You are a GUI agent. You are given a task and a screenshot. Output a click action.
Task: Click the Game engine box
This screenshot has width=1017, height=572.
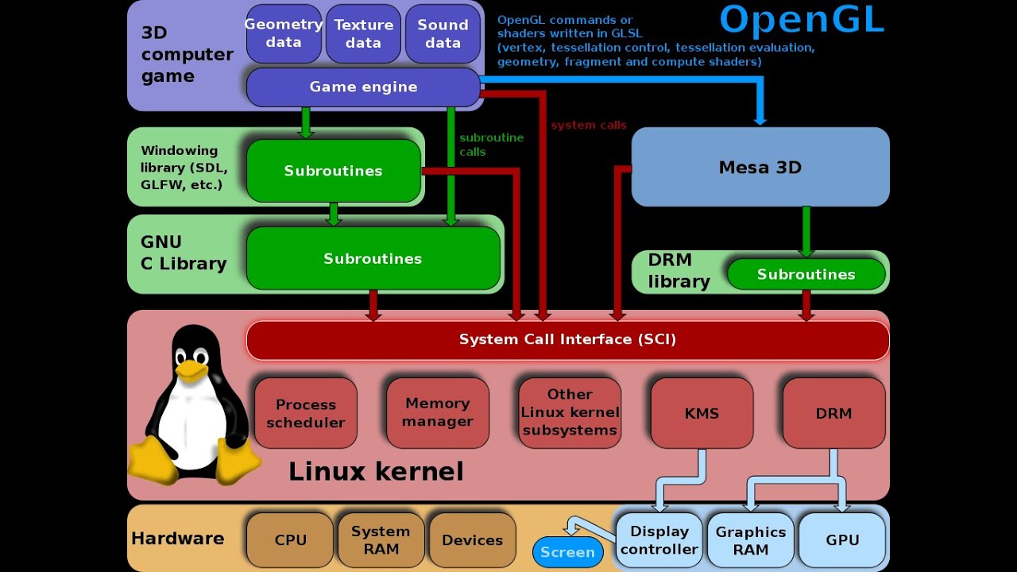pyautogui.click(x=363, y=87)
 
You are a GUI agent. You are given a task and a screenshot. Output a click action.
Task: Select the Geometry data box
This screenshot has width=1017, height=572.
pyautogui.click(x=284, y=33)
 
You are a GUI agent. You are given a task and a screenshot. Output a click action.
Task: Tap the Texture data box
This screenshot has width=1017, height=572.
pyautogui.click(x=363, y=33)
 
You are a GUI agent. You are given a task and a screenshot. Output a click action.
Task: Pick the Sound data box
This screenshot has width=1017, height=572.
pyautogui.click(x=443, y=33)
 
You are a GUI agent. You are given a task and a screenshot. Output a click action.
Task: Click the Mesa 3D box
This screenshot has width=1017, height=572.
pyautogui.click(x=760, y=167)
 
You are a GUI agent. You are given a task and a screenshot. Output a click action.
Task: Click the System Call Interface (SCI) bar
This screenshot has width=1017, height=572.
pyautogui.click(x=567, y=340)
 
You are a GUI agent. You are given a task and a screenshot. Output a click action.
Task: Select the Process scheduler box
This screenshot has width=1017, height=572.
pyautogui.click(x=306, y=413)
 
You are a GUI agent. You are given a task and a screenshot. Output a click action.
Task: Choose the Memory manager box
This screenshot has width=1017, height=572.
pyautogui.click(x=438, y=412)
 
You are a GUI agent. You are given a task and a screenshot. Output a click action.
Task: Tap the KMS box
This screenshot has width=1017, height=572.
pyautogui.click(x=702, y=413)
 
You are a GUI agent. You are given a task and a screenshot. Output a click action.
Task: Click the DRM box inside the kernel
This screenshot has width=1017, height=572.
pyautogui.click(x=833, y=413)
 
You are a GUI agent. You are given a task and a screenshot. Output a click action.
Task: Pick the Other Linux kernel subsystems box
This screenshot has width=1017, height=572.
pyautogui.click(x=570, y=412)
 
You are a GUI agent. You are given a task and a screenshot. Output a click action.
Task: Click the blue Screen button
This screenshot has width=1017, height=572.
pyautogui.click(x=567, y=552)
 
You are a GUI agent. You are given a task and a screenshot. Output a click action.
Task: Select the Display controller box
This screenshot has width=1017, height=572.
pyautogui.click(x=659, y=540)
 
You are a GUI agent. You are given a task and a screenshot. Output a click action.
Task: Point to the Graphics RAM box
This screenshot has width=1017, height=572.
pyautogui.click(x=751, y=540)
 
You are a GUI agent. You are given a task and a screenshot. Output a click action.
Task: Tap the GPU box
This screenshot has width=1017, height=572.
pyautogui.click(x=842, y=540)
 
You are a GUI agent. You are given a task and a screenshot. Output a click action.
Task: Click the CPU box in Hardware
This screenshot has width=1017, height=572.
pyautogui.click(x=290, y=540)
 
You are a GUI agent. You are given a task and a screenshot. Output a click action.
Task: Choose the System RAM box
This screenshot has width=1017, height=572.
pyautogui.click(x=381, y=540)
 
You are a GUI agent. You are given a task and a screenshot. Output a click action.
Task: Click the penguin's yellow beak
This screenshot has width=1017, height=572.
pyautogui.click(x=191, y=369)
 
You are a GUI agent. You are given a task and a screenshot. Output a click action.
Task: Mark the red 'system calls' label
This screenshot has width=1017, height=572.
pyautogui.click(x=588, y=125)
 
